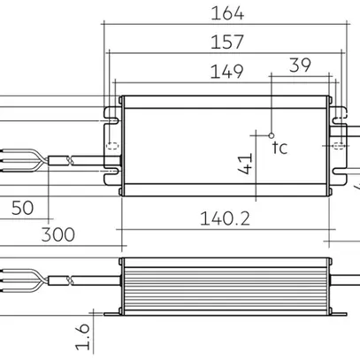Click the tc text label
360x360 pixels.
tap(280, 147)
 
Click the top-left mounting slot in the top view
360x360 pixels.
tap(111, 112)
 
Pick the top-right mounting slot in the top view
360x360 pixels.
tap(337, 112)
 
